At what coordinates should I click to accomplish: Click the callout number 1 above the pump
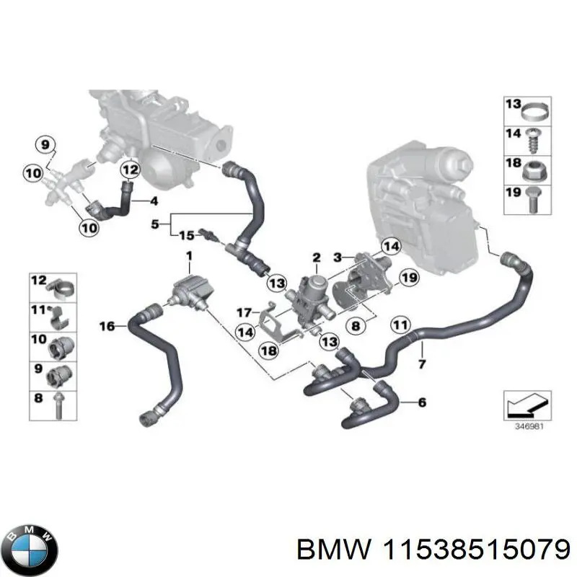pyautogui.click(x=189, y=256)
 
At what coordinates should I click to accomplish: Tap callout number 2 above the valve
pyautogui.click(x=316, y=258)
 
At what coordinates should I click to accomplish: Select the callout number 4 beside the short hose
pyautogui.click(x=154, y=200)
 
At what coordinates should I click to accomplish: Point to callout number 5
pyautogui.click(x=154, y=224)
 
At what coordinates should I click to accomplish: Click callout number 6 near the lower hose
pyautogui.click(x=422, y=402)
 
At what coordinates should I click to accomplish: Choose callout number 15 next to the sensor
pyautogui.click(x=186, y=235)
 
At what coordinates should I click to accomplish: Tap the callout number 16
pyautogui.click(x=107, y=327)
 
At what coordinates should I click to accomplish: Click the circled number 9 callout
pyautogui.click(x=45, y=145)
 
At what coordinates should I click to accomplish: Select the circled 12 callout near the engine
pyautogui.click(x=129, y=171)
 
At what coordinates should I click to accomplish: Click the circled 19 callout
pyautogui.click(x=409, y=277)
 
